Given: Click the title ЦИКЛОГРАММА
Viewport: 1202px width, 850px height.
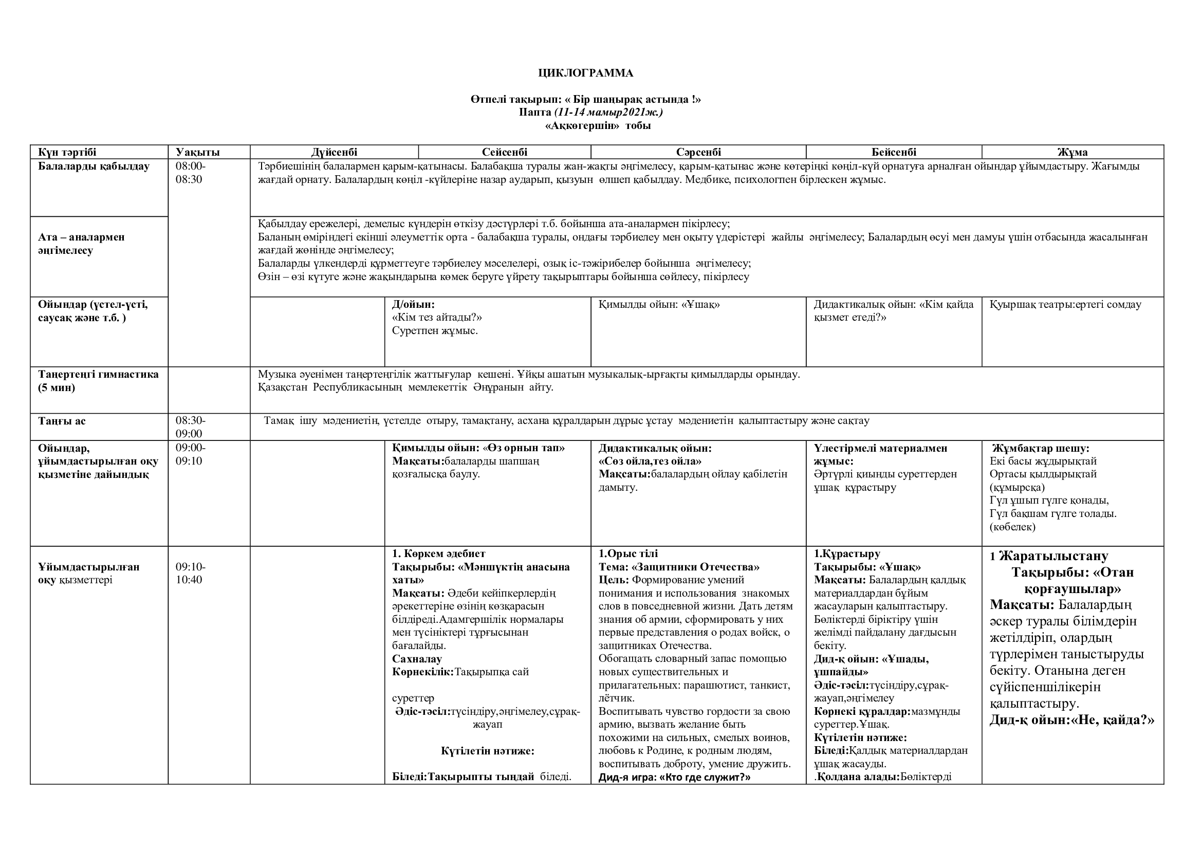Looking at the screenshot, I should pyautogui.click(x=585, y=73).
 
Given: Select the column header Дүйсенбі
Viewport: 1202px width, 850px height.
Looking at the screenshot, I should pyautogui.click(x=334, y=152).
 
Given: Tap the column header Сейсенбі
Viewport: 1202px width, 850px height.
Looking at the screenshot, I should pyautogui.click(x=505, y=152).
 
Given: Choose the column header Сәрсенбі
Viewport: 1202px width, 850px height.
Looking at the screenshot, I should pyautogui.click(x=698, y=152).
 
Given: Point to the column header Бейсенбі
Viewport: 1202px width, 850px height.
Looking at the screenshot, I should pyautogui.click(x=894, y=152).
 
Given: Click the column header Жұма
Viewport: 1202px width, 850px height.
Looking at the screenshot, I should pyautogui.click(x=1072, y=152).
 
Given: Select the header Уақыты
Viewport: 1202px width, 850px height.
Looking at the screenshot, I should pyautogui.click(x=197, y=152).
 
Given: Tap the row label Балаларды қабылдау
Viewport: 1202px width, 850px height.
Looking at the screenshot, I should pyautogui.click(x=94, y=167).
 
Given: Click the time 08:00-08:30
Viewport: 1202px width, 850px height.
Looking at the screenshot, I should pyautogui.click(x=191, y=173).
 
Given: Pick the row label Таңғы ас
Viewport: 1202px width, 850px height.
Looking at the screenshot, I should pyautogui.click(x=62, y=421).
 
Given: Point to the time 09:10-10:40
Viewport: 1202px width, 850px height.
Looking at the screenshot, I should pyautogui.click(x=191, y=573).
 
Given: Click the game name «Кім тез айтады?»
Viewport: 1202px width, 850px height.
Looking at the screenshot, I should pyautogui.click(x=437, y=317).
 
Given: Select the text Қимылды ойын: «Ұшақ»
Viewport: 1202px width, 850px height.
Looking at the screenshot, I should pyautogui.click(x=659, y=304).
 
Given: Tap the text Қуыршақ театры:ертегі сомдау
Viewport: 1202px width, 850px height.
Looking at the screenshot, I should pyautogui.click(x=1065, y=304).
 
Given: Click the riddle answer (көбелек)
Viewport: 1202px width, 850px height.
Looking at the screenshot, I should pyautogui.click(x=1012, y=527).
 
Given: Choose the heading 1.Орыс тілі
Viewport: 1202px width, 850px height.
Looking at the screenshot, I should pyautogui.click(x=628, y=553).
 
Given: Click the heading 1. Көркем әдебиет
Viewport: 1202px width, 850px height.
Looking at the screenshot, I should pyautogui.click(x=439, y=553).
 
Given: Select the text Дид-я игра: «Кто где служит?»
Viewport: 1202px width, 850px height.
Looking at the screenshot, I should pyautogui.click(x=674, y=777).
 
